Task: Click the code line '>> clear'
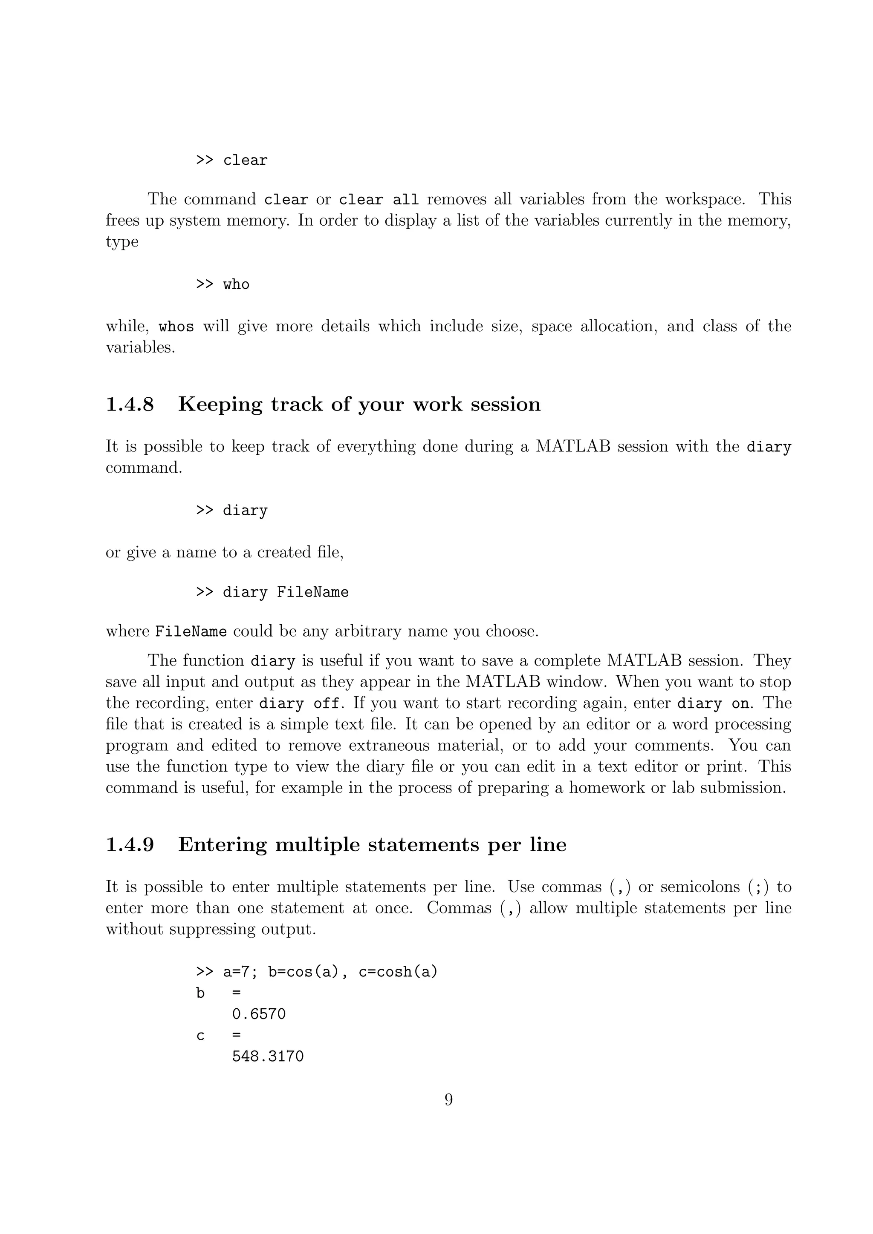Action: point(231,161)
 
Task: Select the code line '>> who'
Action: point(223,284)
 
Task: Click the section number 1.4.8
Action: point(130,404)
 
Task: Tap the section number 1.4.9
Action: point(130,844)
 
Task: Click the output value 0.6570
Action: point(259,1014)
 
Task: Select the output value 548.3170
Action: point(268,1056)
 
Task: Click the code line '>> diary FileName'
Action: point(272,592)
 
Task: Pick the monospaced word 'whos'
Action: point(176,327)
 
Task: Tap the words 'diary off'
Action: point(299,703)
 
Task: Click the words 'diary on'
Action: point(712,703)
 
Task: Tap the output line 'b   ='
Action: point(218,993)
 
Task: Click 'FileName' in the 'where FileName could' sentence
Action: point(191,631)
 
